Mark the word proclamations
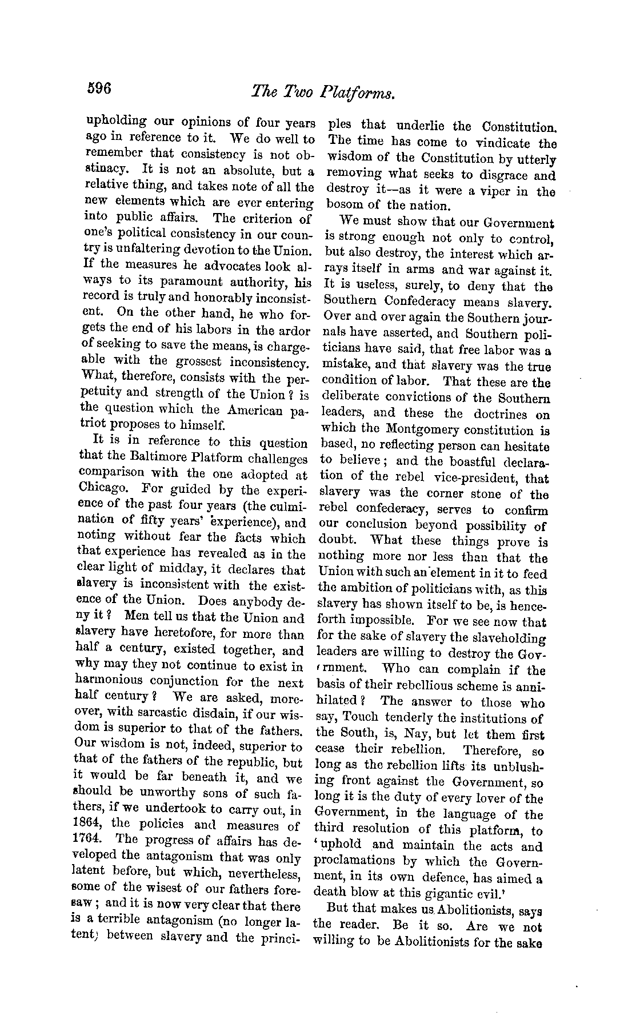pos(355,861)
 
